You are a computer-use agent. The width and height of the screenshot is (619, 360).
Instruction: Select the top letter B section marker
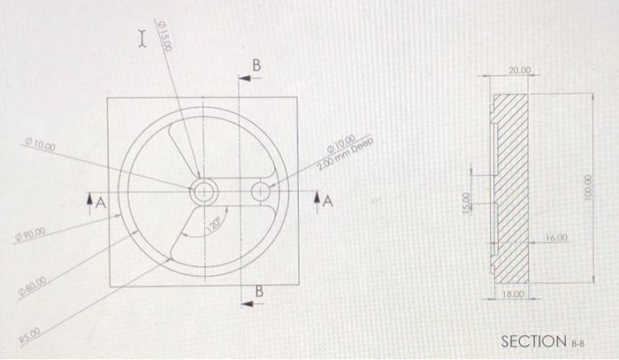point(256,65)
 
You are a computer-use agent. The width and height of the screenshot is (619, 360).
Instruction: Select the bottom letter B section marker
point(259,291)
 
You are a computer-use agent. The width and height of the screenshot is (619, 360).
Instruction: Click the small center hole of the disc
point(203,189)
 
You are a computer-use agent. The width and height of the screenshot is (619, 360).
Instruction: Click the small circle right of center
point(262,191)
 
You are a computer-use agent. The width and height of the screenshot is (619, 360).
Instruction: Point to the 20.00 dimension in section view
point(520,70)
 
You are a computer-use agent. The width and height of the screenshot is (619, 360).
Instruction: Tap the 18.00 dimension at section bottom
point(515,292)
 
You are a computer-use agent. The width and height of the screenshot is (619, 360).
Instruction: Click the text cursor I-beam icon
point(140,37)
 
